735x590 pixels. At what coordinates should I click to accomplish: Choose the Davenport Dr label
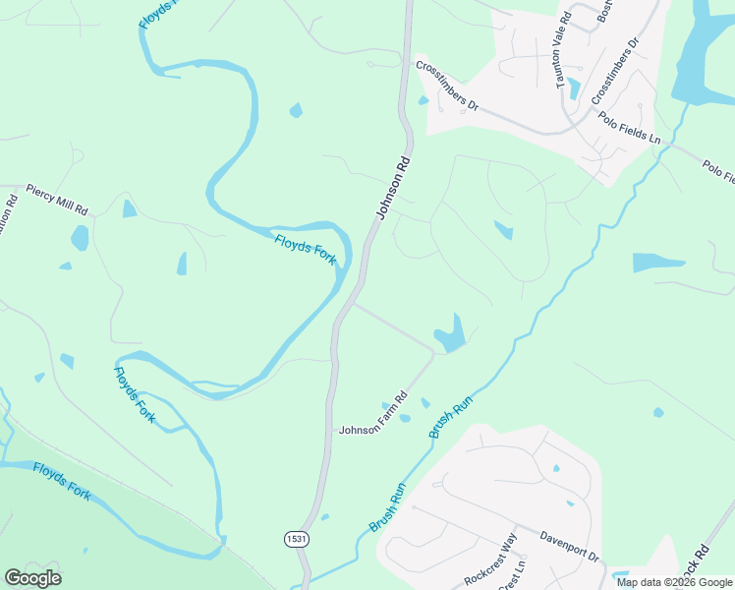pos(569,547)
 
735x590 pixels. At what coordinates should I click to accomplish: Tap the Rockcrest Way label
pos(489,560)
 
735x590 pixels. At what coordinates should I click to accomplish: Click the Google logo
pos(32,578)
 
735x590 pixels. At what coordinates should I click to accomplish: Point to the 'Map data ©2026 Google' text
pos(675,582)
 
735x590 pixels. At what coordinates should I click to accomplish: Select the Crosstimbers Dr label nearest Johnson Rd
pos(446,87)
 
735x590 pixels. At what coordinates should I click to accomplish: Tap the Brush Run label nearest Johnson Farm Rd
pos(450,417)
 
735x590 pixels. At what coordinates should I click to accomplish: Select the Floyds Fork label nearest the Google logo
pos(62,482)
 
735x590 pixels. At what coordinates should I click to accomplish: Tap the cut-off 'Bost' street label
pos(604,13)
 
